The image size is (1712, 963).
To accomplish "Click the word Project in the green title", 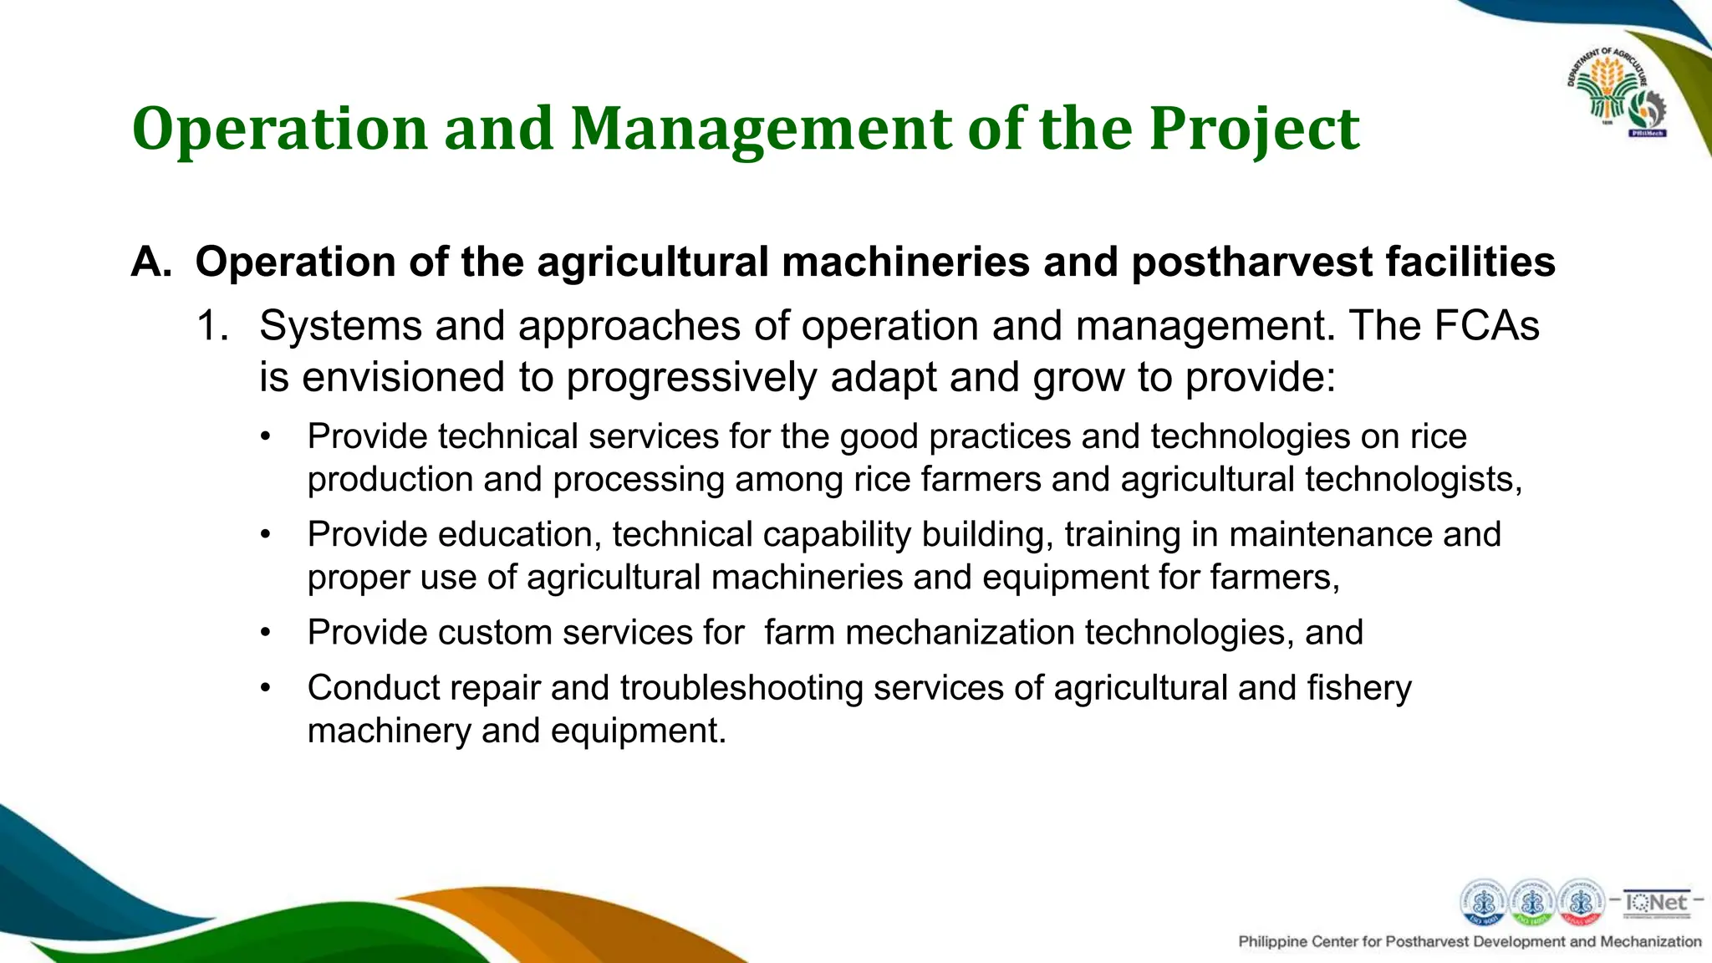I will pyautogui.click(x=1254, y=130).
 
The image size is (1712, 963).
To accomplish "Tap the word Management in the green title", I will pyautogui.click(x=762, y=130).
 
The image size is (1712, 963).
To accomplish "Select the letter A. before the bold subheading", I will pyautogui.click(x=151, y=262).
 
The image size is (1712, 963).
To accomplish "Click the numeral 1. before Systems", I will pyautogui.click(x=212, y=325).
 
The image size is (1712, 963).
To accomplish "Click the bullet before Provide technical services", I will pyautogui.click(x=266, y=436).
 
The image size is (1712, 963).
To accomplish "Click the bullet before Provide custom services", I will pyautogui.click(x=266, y=633).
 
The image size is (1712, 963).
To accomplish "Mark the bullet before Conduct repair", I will pyautogui.click(x=266, y=688).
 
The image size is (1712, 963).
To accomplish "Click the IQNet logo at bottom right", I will pyautogui.click(x=1655, y=903).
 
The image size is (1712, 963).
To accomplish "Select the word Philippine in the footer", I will pyautogui.click(x=1272, y=942).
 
